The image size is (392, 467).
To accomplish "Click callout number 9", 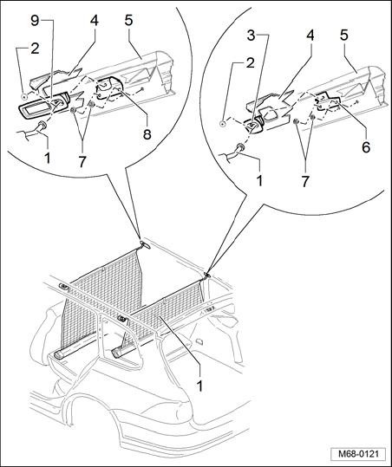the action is (35, 21).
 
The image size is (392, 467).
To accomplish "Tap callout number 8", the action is (147, 134).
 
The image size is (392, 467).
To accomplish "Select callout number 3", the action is (252, 36).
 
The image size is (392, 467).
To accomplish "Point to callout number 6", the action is (366, 147).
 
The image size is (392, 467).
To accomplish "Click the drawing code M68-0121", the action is (358, 455).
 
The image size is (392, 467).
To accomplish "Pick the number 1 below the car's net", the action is (199, 386).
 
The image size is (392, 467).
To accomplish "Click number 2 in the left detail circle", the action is (35, 49).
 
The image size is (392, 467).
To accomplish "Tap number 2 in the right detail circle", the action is (251, 62).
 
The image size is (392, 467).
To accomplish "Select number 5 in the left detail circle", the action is (128, 21).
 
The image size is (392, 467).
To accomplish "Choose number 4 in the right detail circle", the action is (310, 36).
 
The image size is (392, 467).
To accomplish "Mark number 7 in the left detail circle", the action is (82, 162).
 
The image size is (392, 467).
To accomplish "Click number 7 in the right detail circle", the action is (304, 181).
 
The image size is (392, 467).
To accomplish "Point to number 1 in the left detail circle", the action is (47, 159).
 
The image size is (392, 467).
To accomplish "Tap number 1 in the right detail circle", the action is (259, 181).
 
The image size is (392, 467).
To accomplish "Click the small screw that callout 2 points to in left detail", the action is (24, 96).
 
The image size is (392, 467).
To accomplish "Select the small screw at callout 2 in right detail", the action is (222, 124).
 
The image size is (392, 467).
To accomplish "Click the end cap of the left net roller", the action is (58, 355).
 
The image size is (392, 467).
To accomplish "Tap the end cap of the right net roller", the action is (116, 353).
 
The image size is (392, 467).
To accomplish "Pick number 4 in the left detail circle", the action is (95, 21).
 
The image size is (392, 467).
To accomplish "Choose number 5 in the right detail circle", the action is (344, 36).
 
